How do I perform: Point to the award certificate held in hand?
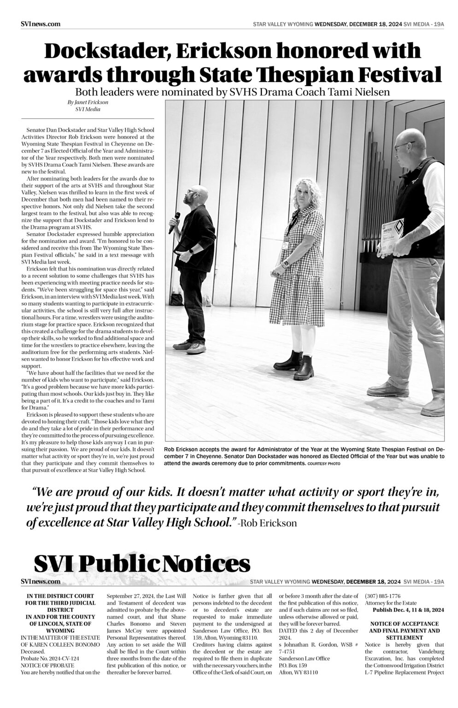click(x=393, y=237)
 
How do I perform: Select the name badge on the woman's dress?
click(x=287, y=244)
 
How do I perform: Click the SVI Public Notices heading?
click(x=142, y=563)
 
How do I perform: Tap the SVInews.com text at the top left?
click(x=41, y=24)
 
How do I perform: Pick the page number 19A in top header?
click(x=438, y=24)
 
